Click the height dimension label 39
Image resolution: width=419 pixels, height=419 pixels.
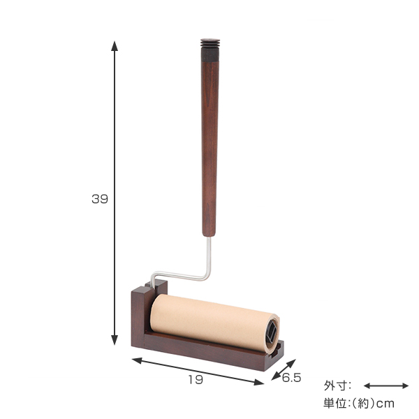point(100,199)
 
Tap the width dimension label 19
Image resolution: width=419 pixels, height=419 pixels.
point(196,379)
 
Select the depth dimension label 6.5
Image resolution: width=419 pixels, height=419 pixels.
point(291,378)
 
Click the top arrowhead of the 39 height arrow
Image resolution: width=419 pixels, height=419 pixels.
point(115,46)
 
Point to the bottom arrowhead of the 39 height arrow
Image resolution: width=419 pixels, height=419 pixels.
point(115,340)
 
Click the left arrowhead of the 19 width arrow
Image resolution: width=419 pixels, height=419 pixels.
point(137,361)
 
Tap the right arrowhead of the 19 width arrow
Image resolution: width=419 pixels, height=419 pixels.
point(258,383)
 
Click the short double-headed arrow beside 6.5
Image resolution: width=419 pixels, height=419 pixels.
point(284,369)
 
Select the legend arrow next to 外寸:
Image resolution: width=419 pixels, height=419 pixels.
point(386,385)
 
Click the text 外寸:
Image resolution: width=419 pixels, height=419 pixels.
point(337,386)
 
